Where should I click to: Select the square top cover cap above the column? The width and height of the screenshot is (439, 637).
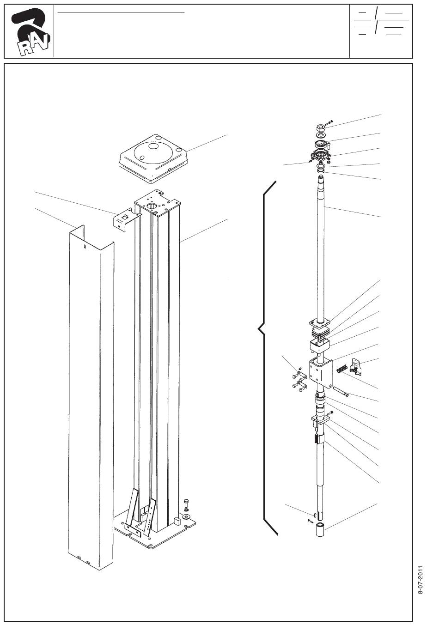click(153, 158)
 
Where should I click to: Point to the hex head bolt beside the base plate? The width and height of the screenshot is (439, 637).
click(187, 504)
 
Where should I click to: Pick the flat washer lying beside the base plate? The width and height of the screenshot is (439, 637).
click(187, 516)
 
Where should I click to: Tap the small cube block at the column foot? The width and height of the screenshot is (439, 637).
click(177, 521)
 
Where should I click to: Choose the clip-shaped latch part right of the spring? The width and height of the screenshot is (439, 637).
click(356, 366)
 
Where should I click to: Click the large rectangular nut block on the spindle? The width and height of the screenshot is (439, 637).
click(320, 373)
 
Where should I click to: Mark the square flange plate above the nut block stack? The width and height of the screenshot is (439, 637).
click(320, 323)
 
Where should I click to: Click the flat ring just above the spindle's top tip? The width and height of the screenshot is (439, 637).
click(321, 170)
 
